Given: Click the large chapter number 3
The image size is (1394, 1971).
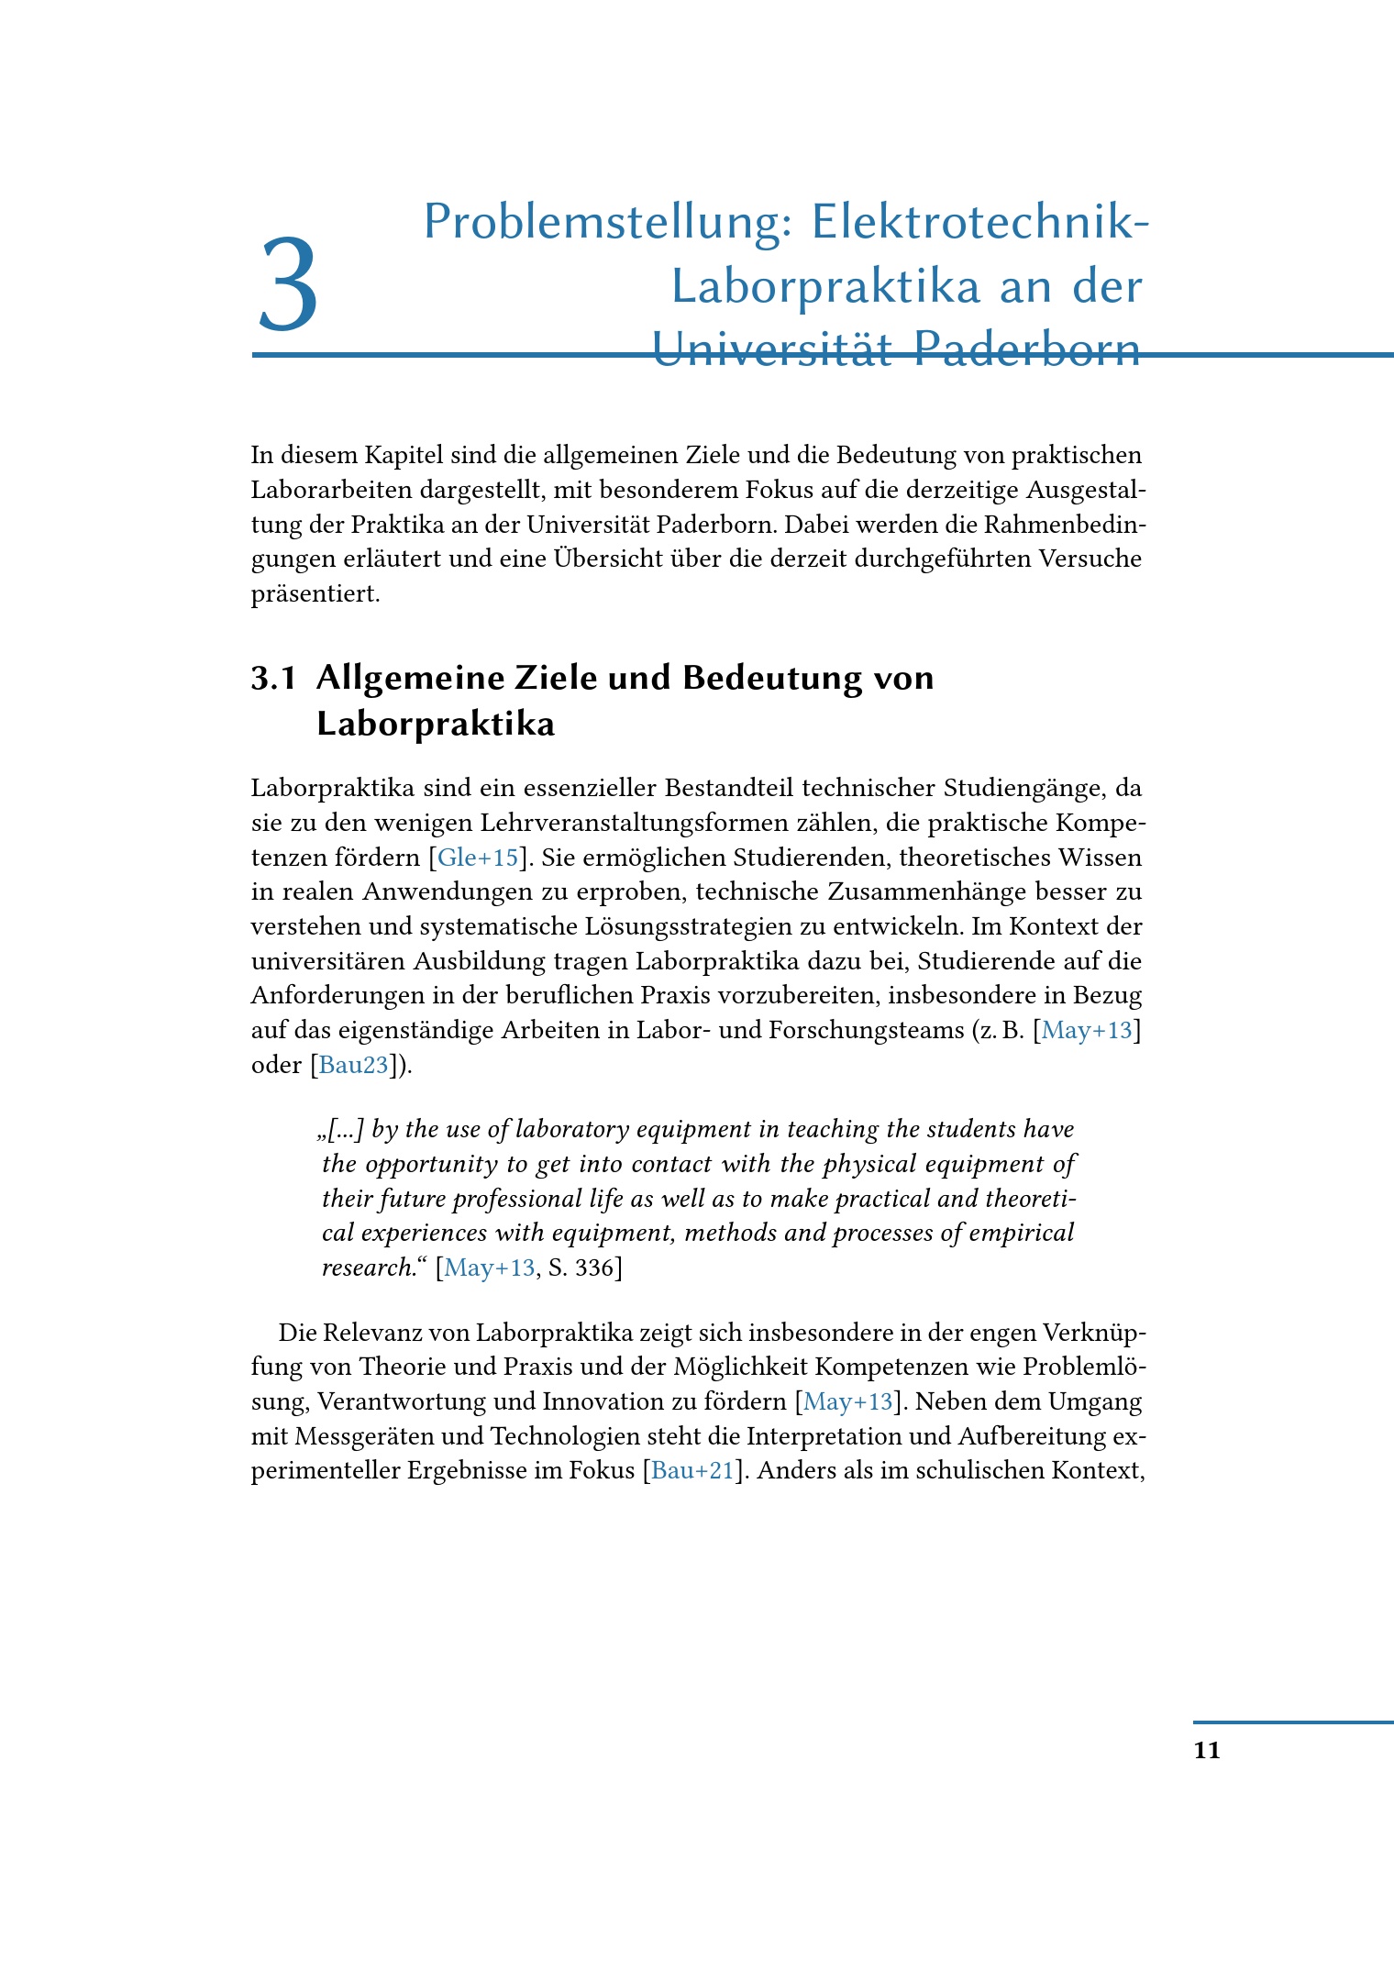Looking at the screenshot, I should (288, 285).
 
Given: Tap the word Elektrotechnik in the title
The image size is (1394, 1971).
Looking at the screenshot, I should (979, 223).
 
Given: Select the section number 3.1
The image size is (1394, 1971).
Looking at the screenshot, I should (273, 678).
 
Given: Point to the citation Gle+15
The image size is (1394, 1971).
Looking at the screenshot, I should (478, 858).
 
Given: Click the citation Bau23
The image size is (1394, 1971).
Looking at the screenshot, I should (353, 1065).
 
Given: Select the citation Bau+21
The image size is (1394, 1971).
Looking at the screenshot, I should (692, 1470).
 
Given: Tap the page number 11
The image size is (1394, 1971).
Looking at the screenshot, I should (1207, 1750).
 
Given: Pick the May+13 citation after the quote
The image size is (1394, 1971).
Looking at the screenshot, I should (489, 1268).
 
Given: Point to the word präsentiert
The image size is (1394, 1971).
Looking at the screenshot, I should (315, 594).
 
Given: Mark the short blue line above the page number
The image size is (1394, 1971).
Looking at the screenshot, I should (1293, 1722).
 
